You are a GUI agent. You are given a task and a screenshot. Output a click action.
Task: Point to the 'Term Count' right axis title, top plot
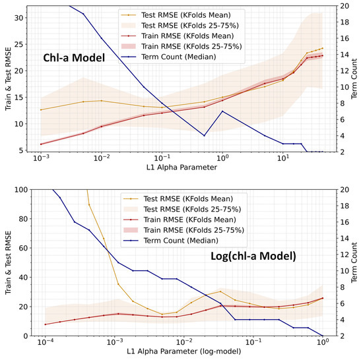pos(356,79)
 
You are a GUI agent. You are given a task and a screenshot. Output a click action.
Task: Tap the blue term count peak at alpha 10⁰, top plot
pos(222,111)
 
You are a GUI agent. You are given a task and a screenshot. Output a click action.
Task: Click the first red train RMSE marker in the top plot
pos(41,144)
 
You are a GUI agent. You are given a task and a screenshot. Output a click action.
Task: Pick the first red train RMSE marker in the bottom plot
pos(46,324)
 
